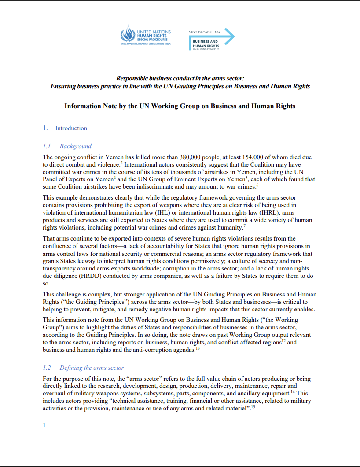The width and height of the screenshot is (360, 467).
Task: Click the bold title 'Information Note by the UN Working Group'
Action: point(180,106)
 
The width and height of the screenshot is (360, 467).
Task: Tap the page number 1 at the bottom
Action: point(44,426)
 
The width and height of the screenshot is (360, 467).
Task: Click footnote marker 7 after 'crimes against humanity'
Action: point(244,226)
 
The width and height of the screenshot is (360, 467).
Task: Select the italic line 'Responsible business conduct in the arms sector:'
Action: point(180,78)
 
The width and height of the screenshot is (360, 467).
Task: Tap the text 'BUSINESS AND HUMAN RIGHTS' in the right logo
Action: point(206,44)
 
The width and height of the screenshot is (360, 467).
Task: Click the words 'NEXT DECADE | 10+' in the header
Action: point(204,32)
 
